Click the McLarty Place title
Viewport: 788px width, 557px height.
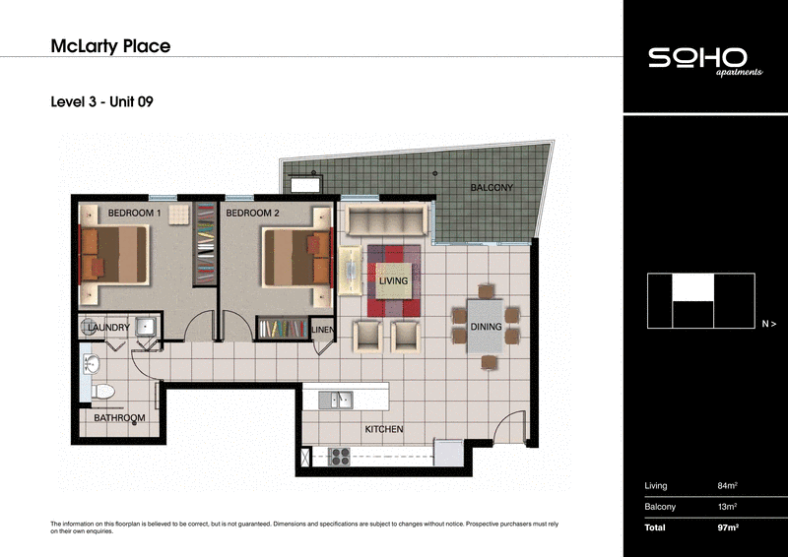[x=109, y=45]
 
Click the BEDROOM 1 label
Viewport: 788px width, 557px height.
[x=134, y=213]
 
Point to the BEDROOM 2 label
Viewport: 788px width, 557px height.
[x=253, y=213]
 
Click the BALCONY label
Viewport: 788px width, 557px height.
[x=492, y=187]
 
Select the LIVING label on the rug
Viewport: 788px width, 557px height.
[x=393, y=281]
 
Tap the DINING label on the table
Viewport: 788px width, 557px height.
[x=486, y=327]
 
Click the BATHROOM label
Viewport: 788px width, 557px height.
[x=119, y=418]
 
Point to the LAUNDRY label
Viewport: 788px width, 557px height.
[x=108, y=327]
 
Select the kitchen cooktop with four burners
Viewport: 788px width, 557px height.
[x=341, y=456]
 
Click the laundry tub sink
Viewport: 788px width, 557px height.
[x=145, y=328]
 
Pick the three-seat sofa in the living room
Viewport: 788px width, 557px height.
[x=383, y=219]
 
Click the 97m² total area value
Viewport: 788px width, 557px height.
[x=728, y=528]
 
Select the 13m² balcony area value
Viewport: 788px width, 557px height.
[x=727, y=507]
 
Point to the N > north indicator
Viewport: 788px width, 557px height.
[x=768, y=323]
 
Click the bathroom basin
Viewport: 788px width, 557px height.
[x=92, y=365]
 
